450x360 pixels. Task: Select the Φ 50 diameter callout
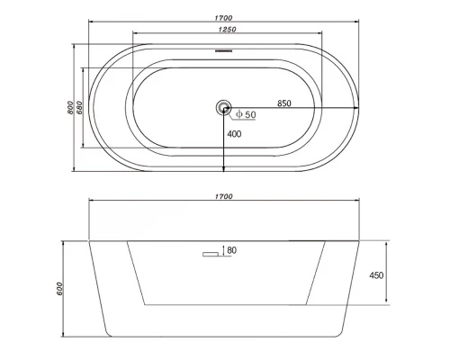pyautogui.click(x=244, y=115)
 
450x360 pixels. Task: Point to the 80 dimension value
pyautogui.click(x=232, y=249)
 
